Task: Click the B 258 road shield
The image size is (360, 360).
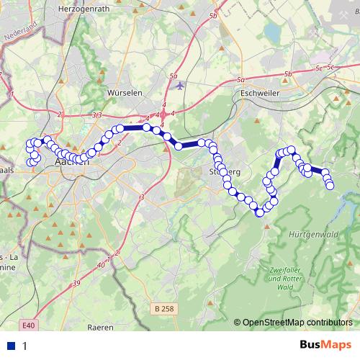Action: [165, 309]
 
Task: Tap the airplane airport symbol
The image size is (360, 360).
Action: [179, 86]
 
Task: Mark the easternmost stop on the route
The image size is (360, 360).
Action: [330, 186]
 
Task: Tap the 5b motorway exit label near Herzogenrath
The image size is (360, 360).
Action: [213, 36]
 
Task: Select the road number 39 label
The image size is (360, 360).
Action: [76, 286]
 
